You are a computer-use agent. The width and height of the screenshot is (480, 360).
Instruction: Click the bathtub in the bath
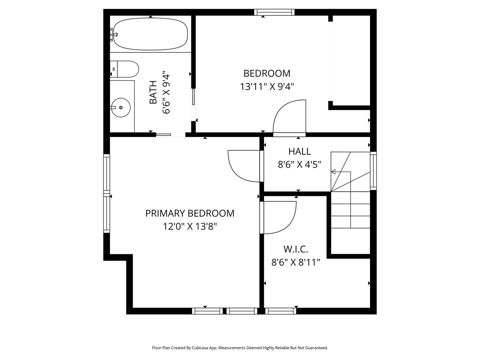tap(150, 34)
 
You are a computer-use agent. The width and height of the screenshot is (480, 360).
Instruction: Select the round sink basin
tap(121, 107)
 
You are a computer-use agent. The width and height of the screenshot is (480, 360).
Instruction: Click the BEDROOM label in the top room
tap(267, 73)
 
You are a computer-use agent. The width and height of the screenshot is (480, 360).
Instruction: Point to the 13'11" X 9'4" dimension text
tap(267, 87)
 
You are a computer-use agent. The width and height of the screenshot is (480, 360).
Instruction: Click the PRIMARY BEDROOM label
tap(190, 213)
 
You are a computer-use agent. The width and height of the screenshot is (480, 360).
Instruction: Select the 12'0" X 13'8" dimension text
tap(190, 227)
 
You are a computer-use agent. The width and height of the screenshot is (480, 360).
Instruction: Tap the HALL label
tap(299, 151)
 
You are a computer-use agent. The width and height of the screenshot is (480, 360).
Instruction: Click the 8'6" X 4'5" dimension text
tap(299, 165)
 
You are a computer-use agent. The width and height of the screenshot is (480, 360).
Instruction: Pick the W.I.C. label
tap(295, 249)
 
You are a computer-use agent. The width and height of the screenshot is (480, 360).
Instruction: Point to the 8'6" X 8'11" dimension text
tap(295, 262)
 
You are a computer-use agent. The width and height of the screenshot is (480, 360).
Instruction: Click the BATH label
tap(153, 92)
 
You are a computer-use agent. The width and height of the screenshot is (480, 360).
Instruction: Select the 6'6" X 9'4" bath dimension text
tap(166, 92)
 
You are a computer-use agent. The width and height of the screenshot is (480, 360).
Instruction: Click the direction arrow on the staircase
tap(333, 172)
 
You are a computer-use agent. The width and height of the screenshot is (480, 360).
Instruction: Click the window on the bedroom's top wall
tap(274, 12)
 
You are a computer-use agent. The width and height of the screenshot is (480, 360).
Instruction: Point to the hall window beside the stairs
tap(373, 171)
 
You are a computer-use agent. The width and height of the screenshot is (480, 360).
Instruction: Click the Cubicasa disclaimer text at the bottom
tap(240, 348)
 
